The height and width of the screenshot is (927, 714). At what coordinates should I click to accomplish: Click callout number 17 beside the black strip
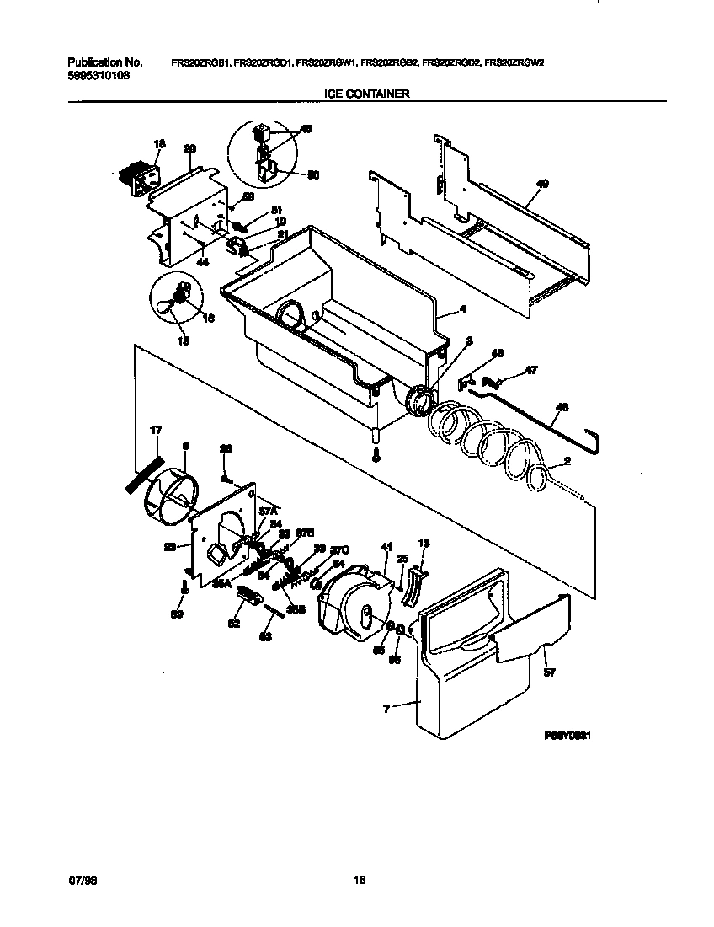click(155, 431)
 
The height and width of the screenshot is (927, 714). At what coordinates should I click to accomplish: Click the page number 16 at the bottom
click(359, 881)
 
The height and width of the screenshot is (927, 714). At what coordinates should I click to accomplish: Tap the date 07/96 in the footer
click(78, 881)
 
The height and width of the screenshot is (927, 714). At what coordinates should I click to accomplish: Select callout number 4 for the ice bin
click(461, 310)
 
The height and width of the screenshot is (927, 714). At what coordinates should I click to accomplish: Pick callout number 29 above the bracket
click(189, 148)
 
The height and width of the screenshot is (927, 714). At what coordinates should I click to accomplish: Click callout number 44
click(202, 263)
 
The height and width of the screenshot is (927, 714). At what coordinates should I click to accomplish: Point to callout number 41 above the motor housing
click(386, 547)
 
